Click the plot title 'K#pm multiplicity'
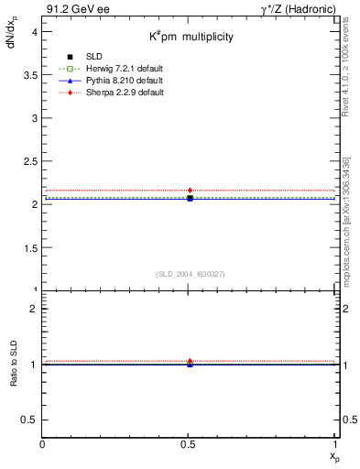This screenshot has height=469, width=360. (x=191, y=37)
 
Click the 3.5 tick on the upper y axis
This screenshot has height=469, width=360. (x=29, y=74)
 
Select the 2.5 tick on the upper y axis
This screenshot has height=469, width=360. (x=29, y=161)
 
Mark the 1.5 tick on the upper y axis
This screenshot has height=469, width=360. (x=29, y=247)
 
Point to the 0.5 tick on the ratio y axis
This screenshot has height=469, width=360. (x=29, y=420)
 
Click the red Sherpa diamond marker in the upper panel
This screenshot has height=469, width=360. (x=190, y=191)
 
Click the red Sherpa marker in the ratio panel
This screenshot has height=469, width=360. (x=190, y=361)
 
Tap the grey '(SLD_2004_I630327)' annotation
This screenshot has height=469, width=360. (x=190, y=274)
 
